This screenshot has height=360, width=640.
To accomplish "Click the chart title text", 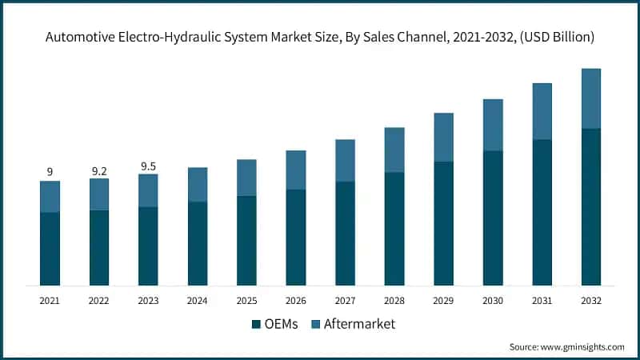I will coord(320,37).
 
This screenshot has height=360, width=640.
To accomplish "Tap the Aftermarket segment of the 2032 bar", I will coord(591,98).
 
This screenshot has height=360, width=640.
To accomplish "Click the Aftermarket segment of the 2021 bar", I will coord(50,196).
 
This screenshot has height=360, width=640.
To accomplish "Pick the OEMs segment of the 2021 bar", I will coord(50,248).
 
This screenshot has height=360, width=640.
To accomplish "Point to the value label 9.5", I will coord(148,166).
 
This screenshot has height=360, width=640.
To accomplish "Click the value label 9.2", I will coord(99,170).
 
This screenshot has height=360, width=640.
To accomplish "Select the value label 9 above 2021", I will coord(50,172).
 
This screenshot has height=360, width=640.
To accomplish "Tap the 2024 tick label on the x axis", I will coord(198,300).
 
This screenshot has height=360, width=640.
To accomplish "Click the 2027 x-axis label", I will coord(345,300).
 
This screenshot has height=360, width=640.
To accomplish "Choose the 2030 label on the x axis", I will coord(493,300).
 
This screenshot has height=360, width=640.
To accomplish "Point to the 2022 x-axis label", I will coord(99,300).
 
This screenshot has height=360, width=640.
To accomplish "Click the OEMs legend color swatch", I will coord(256,324).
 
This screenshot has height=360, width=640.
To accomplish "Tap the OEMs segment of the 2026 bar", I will coord(296,237).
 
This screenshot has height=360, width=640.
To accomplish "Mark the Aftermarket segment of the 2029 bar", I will coord(444,137).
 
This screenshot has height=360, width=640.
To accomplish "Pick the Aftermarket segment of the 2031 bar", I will coord(542,111).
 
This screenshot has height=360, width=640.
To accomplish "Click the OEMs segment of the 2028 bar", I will coord(394,228).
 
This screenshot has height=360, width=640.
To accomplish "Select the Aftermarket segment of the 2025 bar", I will coord(246,177).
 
